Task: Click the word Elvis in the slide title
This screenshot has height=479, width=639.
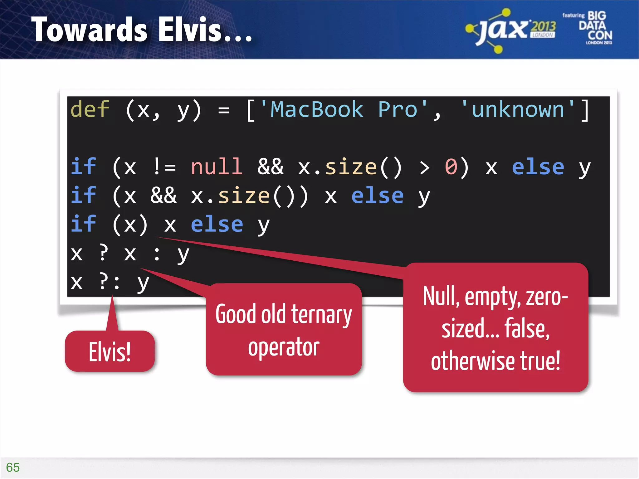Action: (190, 30)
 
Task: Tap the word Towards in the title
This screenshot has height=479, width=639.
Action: (89, 30)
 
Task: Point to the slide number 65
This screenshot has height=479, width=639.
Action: (13, 467)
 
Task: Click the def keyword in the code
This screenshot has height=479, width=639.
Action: (90, 109)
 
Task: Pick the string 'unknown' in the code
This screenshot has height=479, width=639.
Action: (518, 109)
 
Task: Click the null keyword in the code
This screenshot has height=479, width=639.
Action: (217, 167)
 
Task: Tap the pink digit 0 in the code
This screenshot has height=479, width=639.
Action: (451, 167)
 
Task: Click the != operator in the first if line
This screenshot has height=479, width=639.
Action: (165, 167)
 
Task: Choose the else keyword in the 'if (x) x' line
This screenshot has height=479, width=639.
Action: (217, 225)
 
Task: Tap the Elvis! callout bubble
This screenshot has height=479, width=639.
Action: (110, 351)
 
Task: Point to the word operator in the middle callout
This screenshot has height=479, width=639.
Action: (284, 347)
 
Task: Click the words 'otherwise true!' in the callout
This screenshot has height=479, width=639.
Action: (495, 361)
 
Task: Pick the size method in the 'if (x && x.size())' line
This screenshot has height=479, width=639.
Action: (243, 196)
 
